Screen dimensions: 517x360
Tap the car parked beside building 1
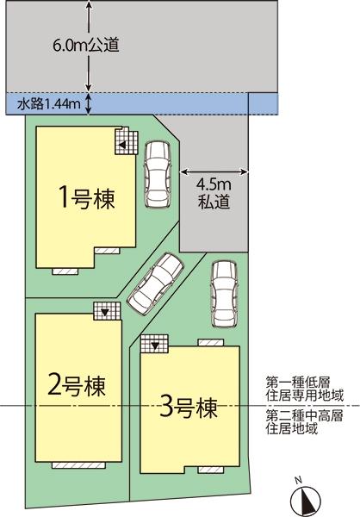[158, 172]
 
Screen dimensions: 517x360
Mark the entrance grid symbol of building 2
[104, 310]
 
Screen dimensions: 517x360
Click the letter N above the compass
[296, 479]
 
